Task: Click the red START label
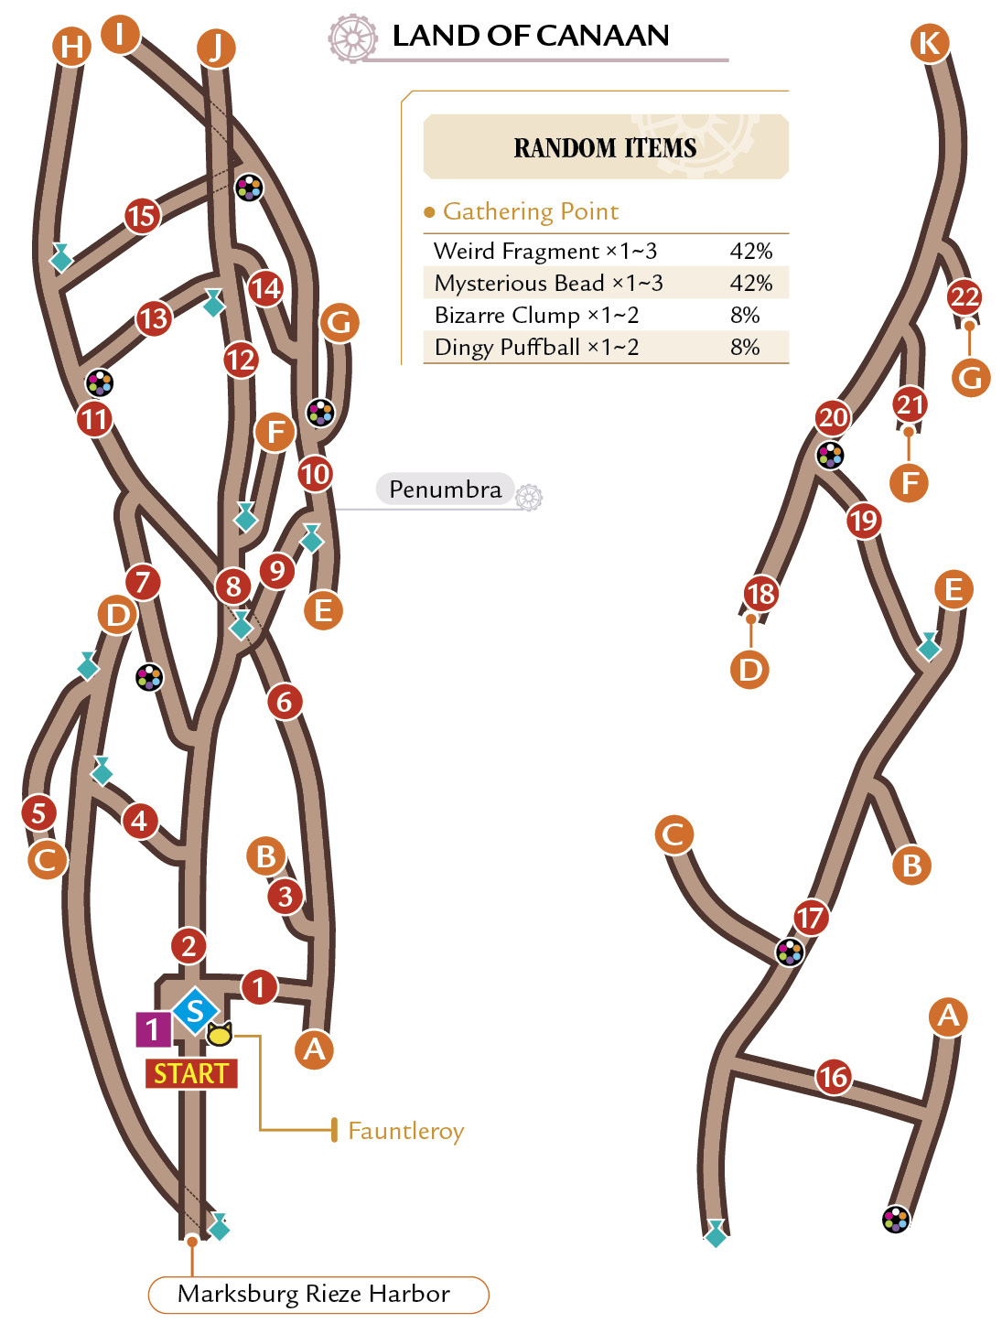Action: click(191, 1073)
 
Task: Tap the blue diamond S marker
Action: click(195, 1011)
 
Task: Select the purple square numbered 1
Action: click(153, 1029)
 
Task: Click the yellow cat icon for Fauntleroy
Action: click(220, 1034)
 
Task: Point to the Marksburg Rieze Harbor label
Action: click(314, 1294)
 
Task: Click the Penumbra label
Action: click(446, 489)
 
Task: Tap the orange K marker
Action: click(930, 43)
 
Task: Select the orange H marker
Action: click(71, 47)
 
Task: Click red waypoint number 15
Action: click(142, 216)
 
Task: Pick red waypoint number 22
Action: click(964, 296)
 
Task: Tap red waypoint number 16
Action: click(834, 1077)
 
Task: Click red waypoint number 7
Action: click(143, 582)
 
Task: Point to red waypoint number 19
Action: click(864, 521)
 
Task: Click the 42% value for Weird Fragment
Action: click(750, 251)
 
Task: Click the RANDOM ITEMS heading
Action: click(605, 147)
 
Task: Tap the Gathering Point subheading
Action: click(530, 211)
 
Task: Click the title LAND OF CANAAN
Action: click(531, 36)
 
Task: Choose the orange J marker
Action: click(216, 48)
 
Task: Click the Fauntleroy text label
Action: click(406, 1132)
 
